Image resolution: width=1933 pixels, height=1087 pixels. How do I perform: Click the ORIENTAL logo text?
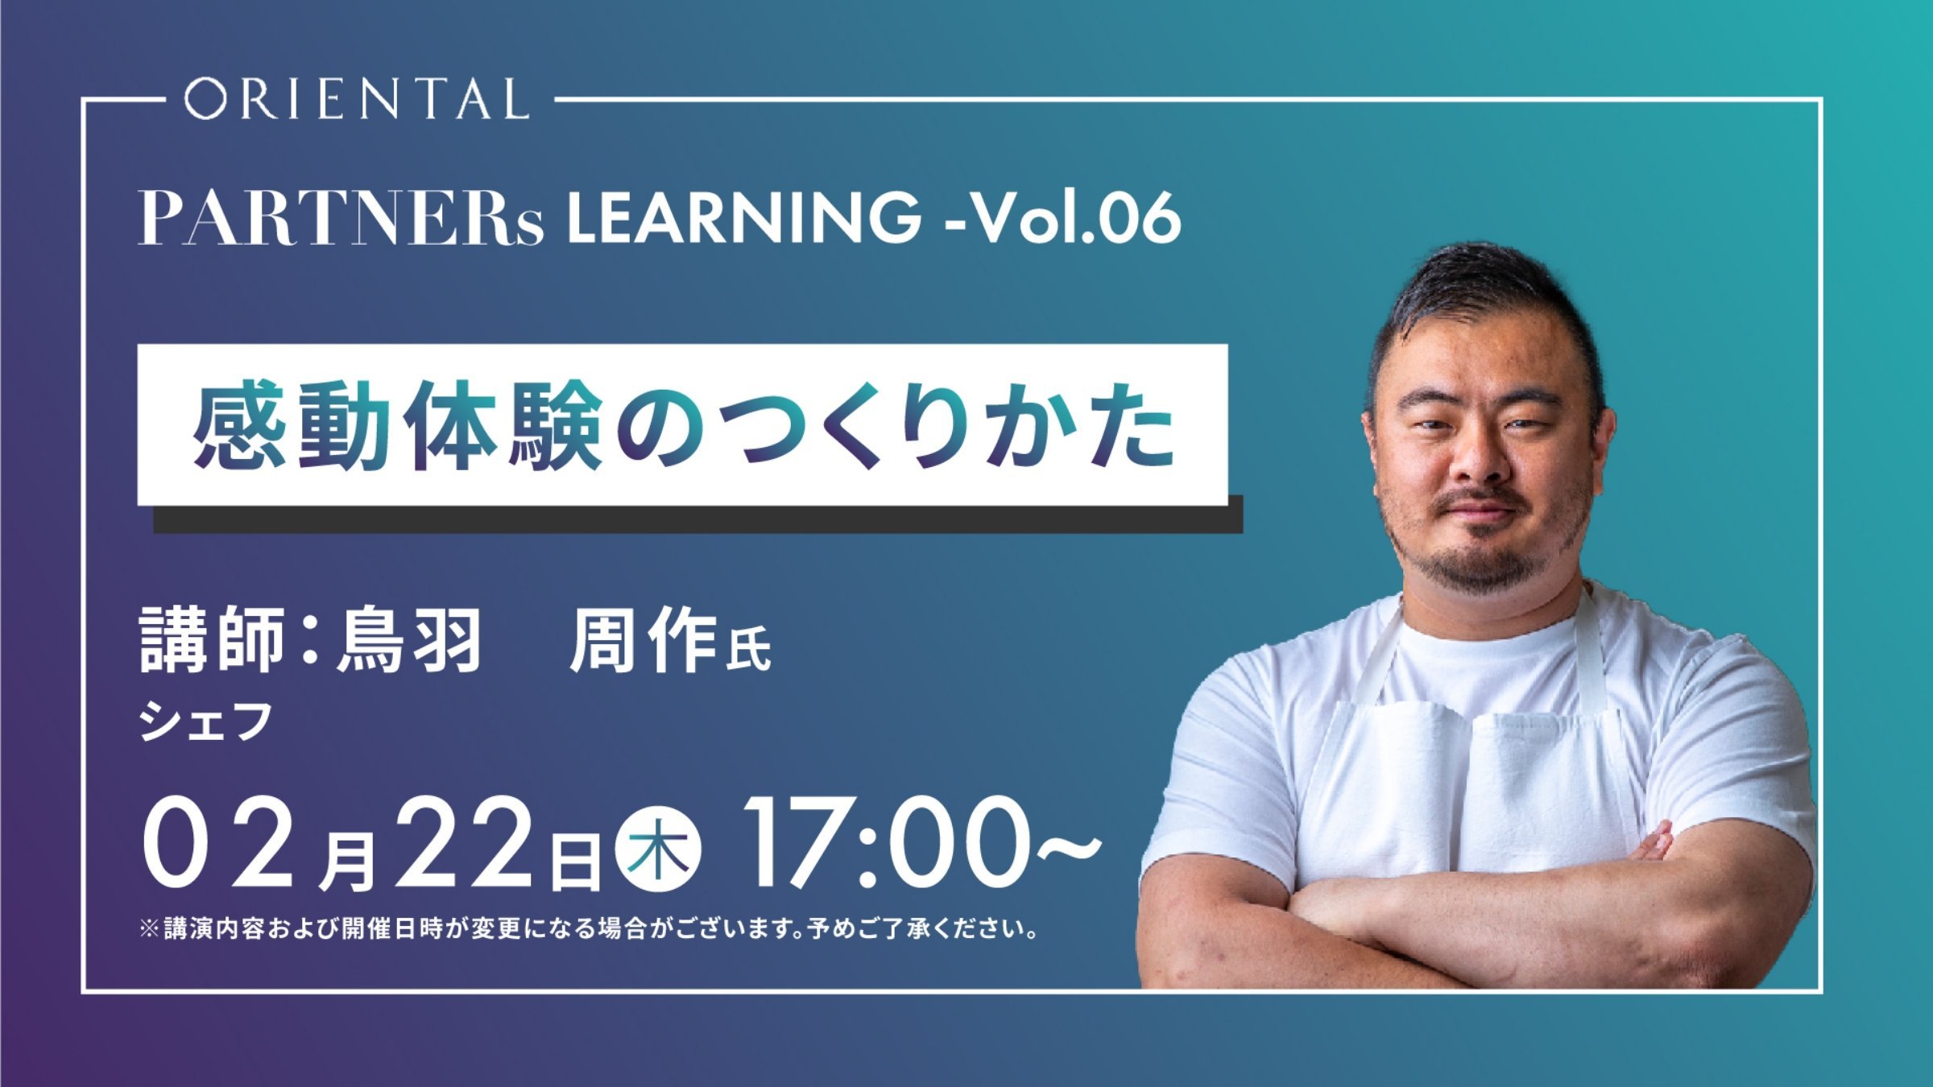point(356,99)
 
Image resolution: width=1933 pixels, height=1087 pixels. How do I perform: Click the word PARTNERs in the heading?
point(341,218)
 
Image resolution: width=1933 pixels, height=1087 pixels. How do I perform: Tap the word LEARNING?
point(744,217)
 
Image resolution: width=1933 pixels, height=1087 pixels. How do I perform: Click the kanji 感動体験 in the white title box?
point(397,426)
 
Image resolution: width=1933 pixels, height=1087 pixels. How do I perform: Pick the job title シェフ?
point(205,721)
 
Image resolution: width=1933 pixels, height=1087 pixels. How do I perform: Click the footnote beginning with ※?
point(589,928)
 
